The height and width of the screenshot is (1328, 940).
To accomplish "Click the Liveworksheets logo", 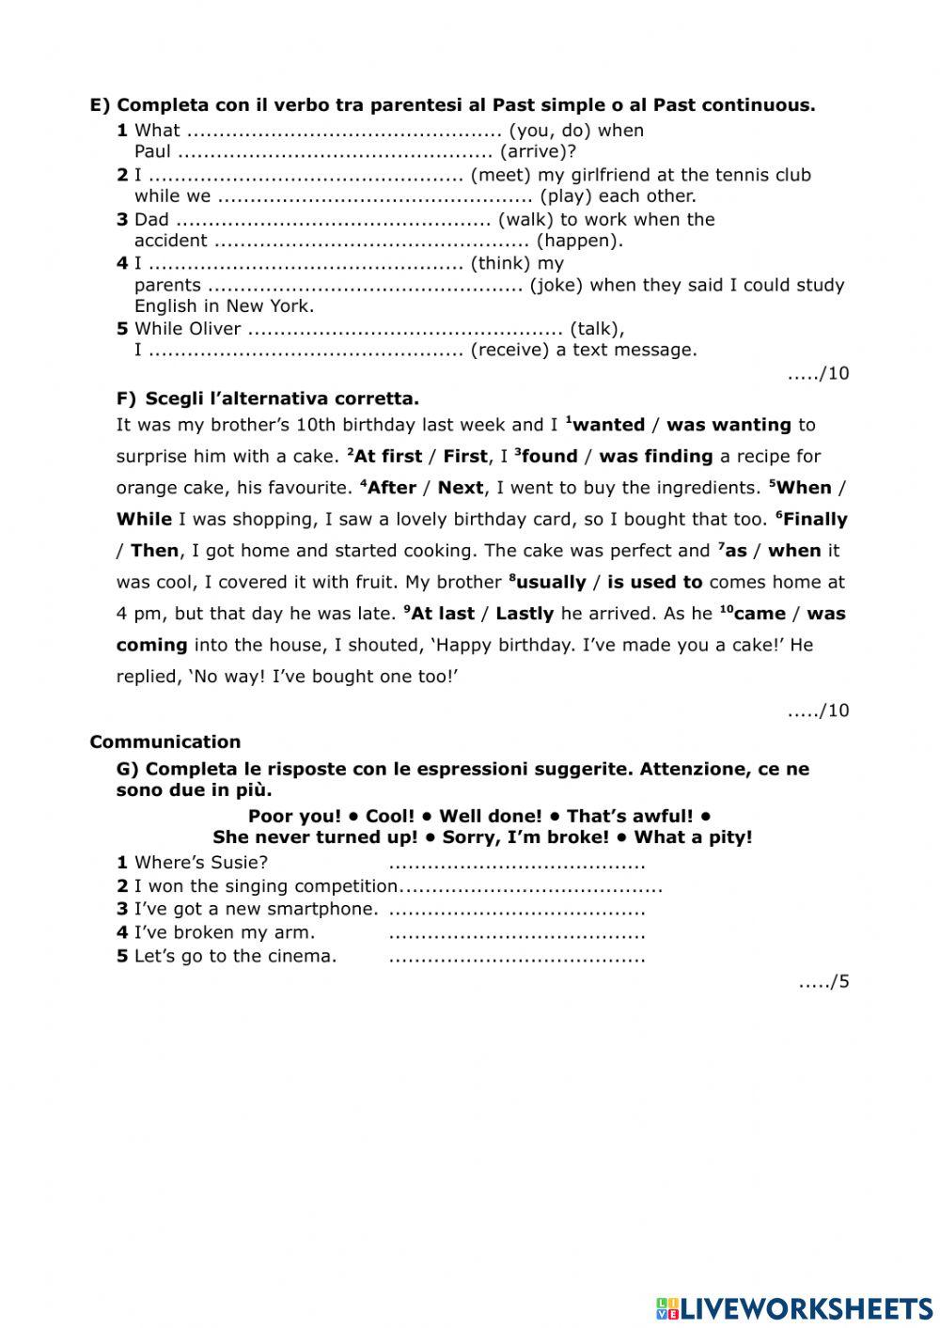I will point(794,1307).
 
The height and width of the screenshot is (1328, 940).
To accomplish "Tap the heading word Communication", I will point(164,742).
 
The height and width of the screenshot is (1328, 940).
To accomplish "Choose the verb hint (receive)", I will point(509,350).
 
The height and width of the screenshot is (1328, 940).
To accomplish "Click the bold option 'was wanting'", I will point(728,425).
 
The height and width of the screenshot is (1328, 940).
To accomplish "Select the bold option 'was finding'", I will point(655,457).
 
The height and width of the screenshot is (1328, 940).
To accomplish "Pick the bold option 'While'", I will point(144,520).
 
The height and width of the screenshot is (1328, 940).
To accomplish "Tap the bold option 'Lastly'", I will point(524,614).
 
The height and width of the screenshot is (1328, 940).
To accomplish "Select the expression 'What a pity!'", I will point(693,836).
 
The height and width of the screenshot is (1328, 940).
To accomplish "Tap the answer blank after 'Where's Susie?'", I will point(516,864).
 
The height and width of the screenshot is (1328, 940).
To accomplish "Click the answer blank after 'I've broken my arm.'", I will point(516,934).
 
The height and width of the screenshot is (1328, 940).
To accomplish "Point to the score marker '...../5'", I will point(823,982).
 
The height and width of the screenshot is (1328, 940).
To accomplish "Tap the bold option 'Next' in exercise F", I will point(461,488).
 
